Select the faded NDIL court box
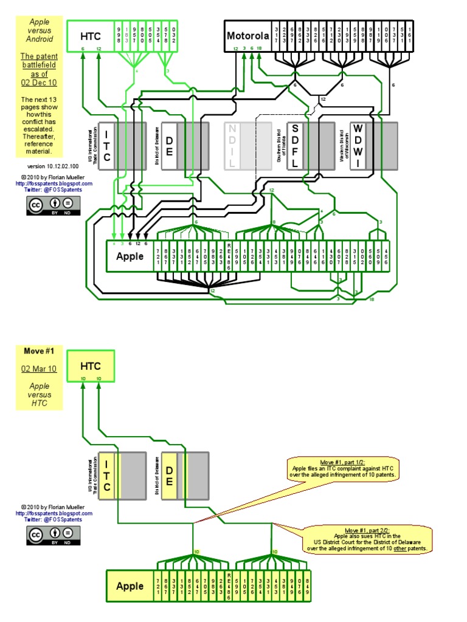233,146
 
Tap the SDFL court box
295,146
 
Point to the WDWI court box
358,146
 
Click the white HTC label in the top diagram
90,36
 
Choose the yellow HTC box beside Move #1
90,366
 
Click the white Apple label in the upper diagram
130,256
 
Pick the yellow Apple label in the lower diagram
130,586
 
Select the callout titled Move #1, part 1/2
344,469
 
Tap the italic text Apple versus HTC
39,394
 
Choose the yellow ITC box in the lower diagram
107,476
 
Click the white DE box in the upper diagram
170,146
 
